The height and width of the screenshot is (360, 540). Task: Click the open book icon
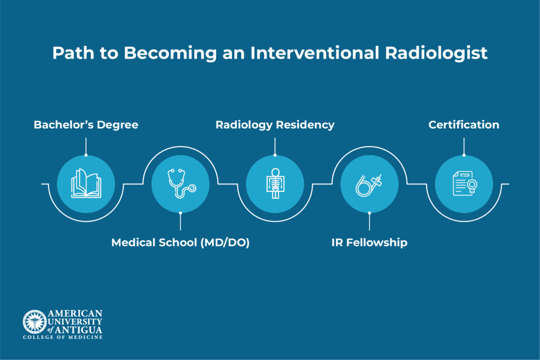(86, 184)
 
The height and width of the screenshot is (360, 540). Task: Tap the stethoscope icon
(180, 184)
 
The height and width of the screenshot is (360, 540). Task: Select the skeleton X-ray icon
(275, 184)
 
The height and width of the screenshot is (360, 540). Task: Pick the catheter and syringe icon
(369, 184)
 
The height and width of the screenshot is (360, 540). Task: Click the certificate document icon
(464, 184)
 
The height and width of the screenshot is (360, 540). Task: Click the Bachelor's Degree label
(86, 125)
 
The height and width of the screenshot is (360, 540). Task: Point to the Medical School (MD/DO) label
(180, 243)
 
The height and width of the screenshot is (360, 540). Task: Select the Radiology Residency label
(275, 125)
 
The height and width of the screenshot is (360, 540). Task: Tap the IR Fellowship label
(369, 243)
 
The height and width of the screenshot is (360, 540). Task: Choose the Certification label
(464, 125)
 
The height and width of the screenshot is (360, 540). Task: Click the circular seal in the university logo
(34, 321)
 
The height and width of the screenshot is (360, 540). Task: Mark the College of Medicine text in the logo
(63, 337)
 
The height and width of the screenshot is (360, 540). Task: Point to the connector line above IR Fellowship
(369, 222)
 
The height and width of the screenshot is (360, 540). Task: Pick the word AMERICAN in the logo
(75, 313)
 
